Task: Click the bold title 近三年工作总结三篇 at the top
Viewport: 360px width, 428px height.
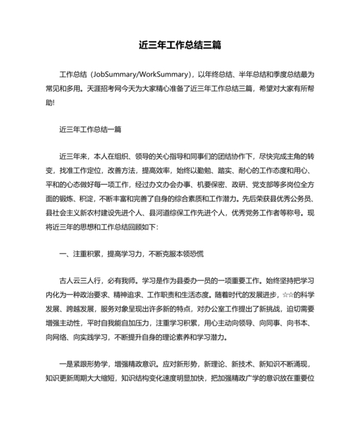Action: point(180,46)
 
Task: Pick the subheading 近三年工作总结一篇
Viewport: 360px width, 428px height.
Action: point(90,129)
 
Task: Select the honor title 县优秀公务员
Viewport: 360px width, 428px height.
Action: point(262,199)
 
